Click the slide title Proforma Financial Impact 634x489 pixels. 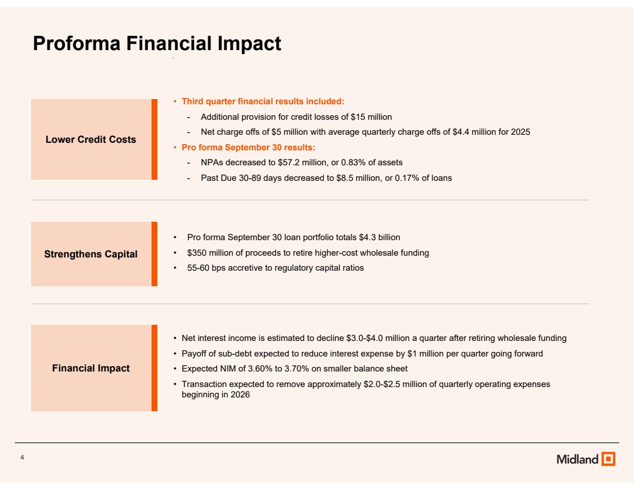157,44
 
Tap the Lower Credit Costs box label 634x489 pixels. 90,139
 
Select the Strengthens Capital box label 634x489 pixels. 90,254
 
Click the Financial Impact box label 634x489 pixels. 90,368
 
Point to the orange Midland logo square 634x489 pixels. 608,459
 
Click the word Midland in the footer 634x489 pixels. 578,459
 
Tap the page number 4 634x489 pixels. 22,457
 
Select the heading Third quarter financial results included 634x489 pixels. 263,101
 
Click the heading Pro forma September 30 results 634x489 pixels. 248,147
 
